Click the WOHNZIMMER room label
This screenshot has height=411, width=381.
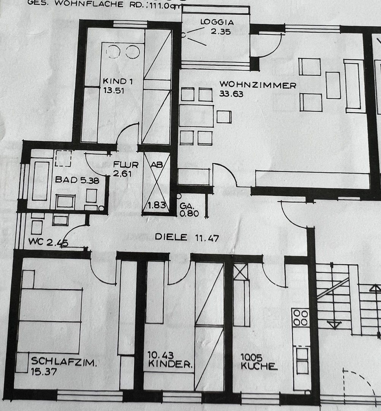tap(257, 85)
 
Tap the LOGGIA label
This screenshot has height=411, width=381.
tap(217, 22)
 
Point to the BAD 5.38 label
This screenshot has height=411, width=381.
tap(77, 180)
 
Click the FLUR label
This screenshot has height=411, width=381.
tap(125, 165)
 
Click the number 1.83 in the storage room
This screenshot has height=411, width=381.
tap(156, 206)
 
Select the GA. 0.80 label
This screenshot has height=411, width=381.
tap(189, 210)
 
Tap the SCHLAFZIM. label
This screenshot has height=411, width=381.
tap(64, 361)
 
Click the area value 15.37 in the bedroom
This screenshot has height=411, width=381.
tap(44, 371)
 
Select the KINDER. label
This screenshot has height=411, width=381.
tap(170, 365)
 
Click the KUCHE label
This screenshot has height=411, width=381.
tap(258, 366)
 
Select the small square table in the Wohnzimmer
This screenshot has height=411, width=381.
tap(224, 116)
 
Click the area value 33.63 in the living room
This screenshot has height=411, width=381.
tap(231, 94)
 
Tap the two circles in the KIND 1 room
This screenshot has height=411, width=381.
tap(122, 52)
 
